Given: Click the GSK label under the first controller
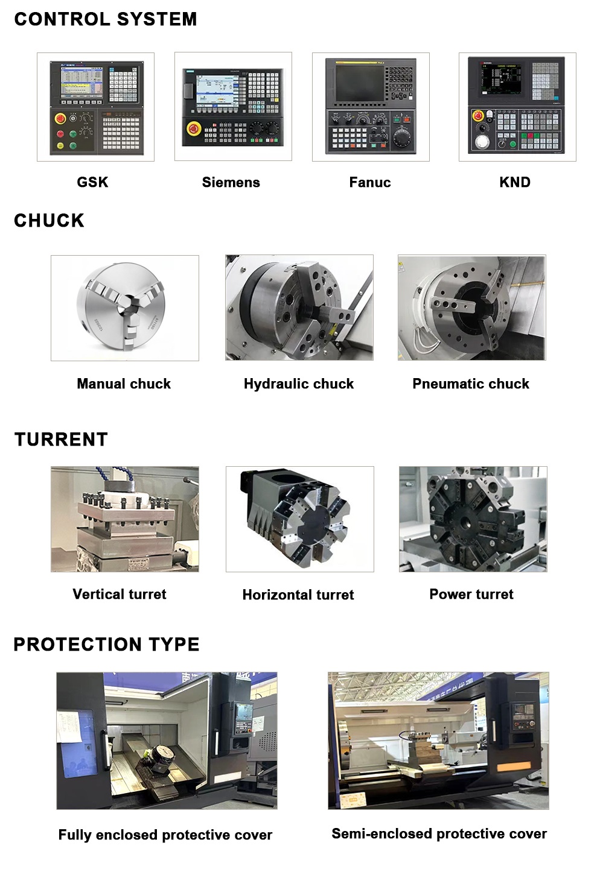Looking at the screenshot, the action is click(92, 182).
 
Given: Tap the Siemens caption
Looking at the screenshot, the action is click(231, 182).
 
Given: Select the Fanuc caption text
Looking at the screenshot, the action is click(370, 182).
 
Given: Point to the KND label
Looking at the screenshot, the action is click(515, 182).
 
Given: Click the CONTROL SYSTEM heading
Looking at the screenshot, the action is click(106, 19).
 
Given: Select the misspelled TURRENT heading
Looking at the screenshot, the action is click(61, 439).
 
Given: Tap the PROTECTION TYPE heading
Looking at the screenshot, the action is click(106, 644).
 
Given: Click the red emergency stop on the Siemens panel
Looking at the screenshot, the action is click(193, 128).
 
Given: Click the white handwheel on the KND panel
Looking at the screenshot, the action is click(482, 141).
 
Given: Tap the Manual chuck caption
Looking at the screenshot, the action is click(124, 384).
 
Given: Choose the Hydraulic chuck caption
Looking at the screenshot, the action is click(299, 384).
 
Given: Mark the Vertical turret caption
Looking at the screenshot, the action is click(120, 594).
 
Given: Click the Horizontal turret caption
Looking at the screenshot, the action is click(298, 595).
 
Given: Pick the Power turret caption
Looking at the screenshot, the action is click(471, 594).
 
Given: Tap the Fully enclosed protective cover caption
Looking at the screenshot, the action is click(165, 835).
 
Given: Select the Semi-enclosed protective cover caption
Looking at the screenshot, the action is click(439, 833).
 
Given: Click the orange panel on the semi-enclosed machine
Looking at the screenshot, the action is click(514, 767).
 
